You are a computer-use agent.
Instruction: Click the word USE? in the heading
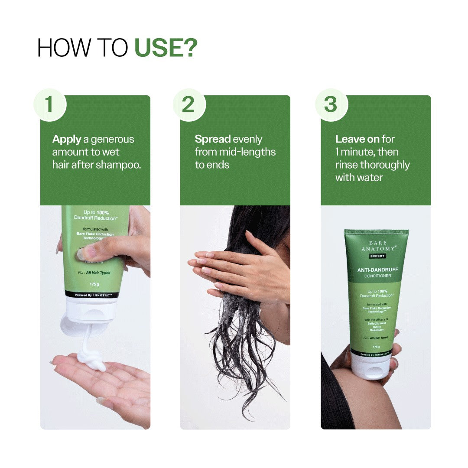166,48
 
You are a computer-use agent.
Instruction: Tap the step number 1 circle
49,105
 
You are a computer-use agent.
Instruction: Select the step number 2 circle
189,105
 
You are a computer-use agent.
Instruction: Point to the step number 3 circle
331,105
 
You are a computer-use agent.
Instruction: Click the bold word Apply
67,140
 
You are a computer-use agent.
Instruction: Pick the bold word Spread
212,139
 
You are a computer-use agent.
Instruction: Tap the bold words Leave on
357,139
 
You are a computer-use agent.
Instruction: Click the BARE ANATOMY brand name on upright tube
376,246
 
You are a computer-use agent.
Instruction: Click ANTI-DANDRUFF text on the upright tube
377,270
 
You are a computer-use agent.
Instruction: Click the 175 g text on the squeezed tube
94,284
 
